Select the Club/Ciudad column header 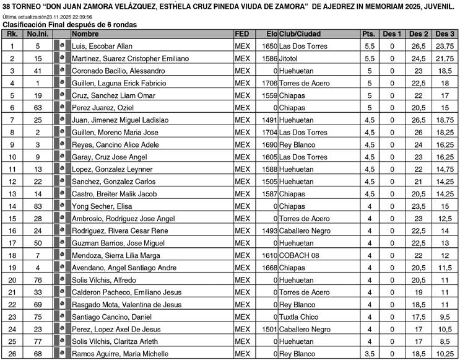300,33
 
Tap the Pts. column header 369,33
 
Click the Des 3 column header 445,33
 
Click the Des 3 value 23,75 445,46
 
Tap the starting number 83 38,206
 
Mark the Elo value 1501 269,329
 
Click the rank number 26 12,354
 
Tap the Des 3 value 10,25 445,354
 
